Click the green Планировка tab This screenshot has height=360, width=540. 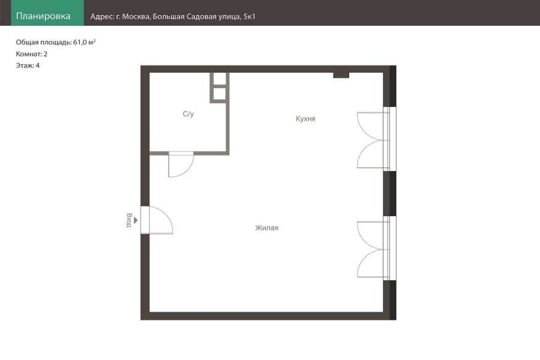pyautogui.click(x=47, y=13)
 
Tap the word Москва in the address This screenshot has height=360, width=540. pyautogui.click(x=136, y=17)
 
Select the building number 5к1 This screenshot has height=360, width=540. pyautogui.click(x=250, y=17)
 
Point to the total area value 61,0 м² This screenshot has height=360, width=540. pyautogui.click(x=85, y=42)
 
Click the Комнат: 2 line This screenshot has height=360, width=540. pyautogui.click(x=32, y=54)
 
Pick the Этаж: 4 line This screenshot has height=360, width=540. pyautogui.click(x=28, y=65)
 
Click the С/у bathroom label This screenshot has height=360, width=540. pyautogui.click(x=188, y=113)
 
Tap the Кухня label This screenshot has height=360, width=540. pyautogui.click(x=305, y=119)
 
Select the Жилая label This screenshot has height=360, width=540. pyautogui.click(x=267, y=228)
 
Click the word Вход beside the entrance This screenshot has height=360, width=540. pyautogui.click(x=129, y=220)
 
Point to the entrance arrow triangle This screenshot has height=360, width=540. pyautogui.click(x=136, y=220)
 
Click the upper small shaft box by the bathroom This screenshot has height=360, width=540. pyautogui.click(x=220, y=79)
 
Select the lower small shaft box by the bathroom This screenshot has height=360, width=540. pyautogui.click(x=220, y=94)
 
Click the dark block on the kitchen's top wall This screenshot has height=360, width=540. pyautogui.click(x=341, y=75)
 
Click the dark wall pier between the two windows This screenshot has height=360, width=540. pyautogui.click(x=389, y=193)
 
